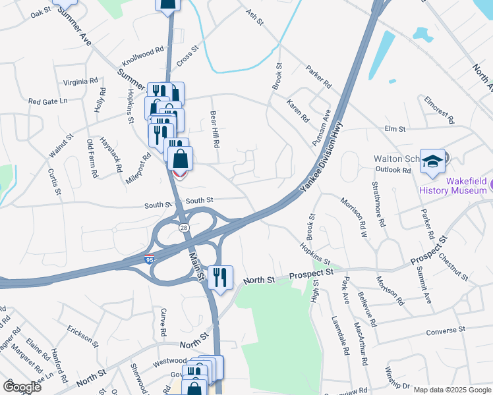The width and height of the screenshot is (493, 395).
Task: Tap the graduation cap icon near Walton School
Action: click(x=432, y=161)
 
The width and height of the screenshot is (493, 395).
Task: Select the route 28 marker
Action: click(x=183, y=226)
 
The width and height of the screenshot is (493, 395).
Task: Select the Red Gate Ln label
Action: click(x=48, y=101)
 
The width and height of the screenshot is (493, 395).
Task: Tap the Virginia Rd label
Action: click(x=80, y=82)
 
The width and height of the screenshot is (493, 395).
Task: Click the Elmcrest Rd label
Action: click(x=439, y=109)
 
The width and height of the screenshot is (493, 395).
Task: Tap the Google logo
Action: click(x=22, y=387)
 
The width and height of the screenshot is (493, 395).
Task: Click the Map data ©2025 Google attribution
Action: click(x=451, y=390)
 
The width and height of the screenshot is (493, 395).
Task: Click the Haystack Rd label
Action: click(x=111, y=154)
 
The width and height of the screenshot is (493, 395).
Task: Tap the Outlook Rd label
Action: click(x=393, y=169)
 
